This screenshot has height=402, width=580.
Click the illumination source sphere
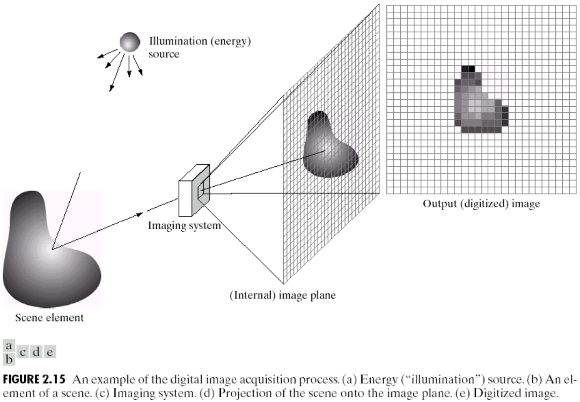click(x=129, y=41)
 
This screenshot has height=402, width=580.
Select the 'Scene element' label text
click(x=49, y=318)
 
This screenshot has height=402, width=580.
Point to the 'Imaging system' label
click(x=184, y=225)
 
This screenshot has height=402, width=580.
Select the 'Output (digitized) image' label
click(x=481, y=204)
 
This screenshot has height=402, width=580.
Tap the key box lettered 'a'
click(x=9, y=346)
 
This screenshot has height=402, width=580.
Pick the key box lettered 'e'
click(x=50, y=352)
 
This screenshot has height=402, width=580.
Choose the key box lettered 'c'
click(x=23, y=352)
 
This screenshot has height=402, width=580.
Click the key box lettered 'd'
click(x=36, y=352)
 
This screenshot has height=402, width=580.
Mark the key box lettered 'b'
click(x=9, y=357)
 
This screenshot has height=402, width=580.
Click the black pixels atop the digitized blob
click(x=468, y=69)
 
